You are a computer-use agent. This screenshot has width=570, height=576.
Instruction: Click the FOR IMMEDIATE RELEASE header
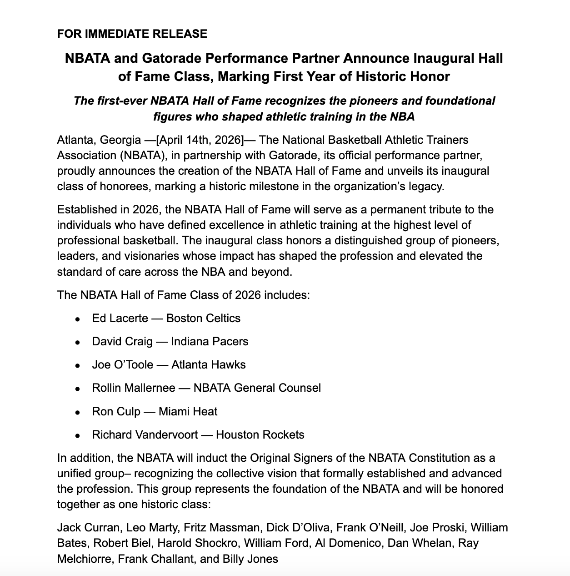tap(132, 34)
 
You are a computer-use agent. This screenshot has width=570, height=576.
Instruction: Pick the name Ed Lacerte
tap(120, 318)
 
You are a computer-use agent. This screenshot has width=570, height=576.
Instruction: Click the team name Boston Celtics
tap(203, 318)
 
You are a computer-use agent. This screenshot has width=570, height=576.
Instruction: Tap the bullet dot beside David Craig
tap(78, 342)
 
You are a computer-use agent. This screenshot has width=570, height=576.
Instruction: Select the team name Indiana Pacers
tap(210, 341)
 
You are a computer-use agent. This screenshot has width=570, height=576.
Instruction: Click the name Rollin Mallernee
tap(134, 388)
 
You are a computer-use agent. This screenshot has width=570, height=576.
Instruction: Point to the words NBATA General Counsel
tap(257, 388)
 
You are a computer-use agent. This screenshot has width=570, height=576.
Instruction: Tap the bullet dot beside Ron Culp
tap(78, 412)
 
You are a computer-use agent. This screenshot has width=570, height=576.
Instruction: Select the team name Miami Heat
tap(188, 411)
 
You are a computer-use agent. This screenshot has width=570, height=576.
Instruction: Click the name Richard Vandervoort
tap(145, 435)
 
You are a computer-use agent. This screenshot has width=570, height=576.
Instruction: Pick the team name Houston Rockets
tap(260, 435)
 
